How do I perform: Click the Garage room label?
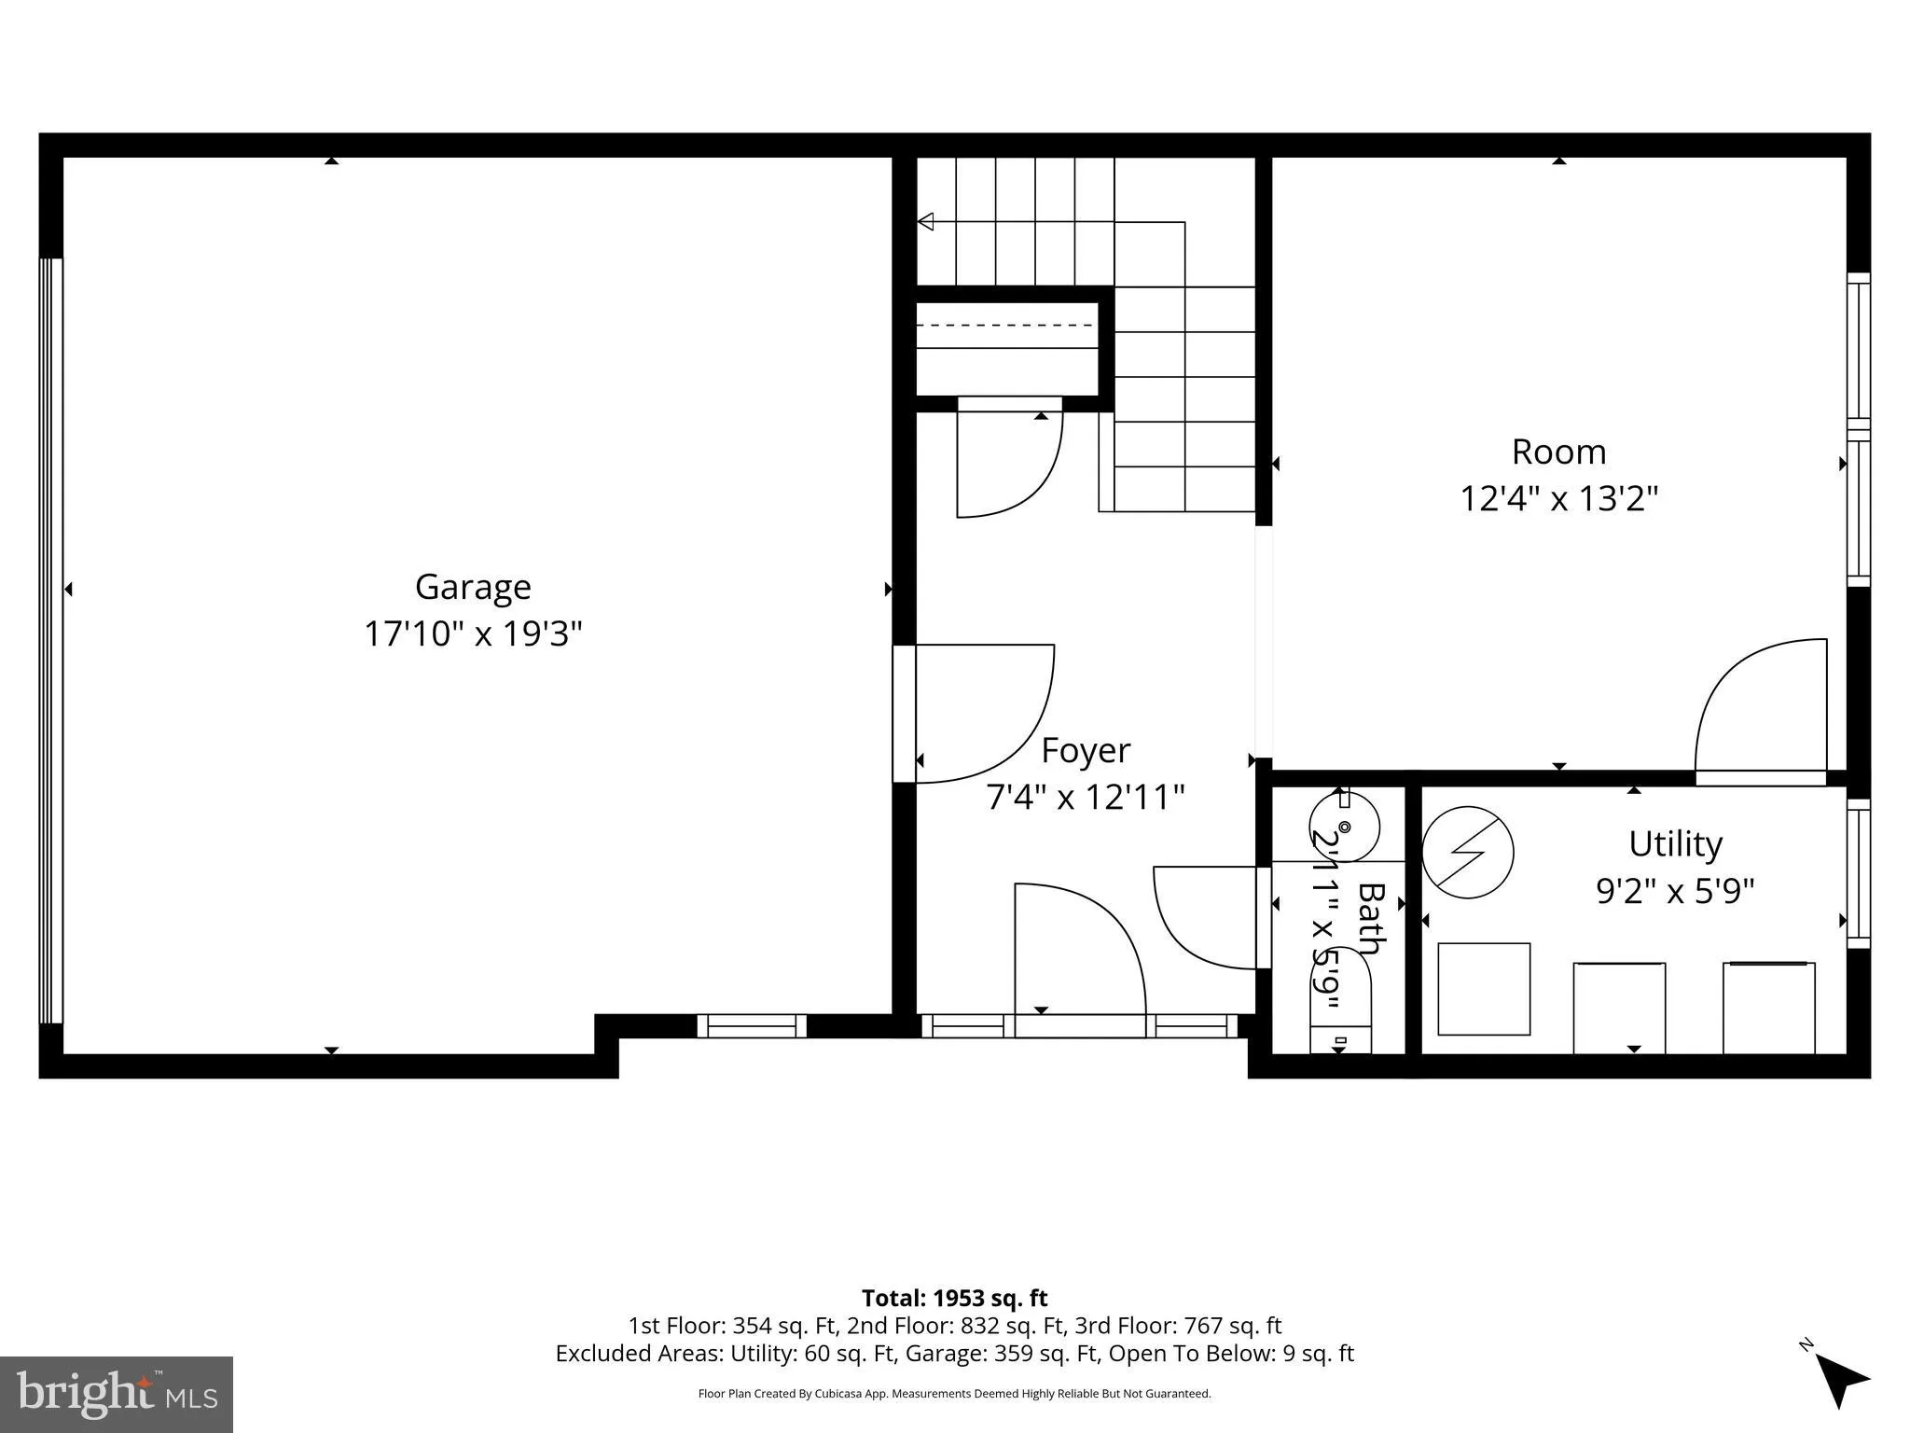click(x=473, y=588)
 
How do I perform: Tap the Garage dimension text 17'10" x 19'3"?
click(x=473, y=634)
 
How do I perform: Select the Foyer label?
click(x=1086, y=751)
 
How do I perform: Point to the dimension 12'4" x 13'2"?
click(x=1558, y=499)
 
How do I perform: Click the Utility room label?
click(x=1675, y=844)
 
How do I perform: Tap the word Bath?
click(x=1368, y=919)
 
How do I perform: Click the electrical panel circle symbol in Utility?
click(x=1467, y=852)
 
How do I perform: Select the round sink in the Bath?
click(x=1344, y=827)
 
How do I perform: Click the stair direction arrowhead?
click(x=926, y=221)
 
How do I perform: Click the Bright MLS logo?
click(x=117, y=1394)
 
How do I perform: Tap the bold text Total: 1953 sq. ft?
click(x=954, y=1298)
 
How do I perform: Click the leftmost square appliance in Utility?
click(x=1484, y=989)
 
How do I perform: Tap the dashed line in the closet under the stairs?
click(x=1005, y=325)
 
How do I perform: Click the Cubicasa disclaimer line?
click(x=954, y=1394)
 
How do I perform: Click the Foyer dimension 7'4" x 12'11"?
click(x=1086, y=798)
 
